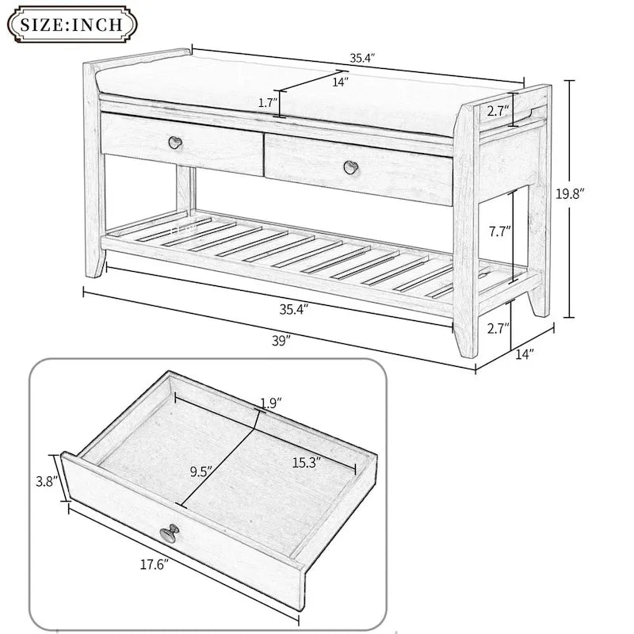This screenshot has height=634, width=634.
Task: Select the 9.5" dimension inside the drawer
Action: tap(202, 472)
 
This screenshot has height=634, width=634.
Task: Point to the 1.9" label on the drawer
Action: tap(269, 403)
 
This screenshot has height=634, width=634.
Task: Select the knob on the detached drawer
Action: tap(170, 534)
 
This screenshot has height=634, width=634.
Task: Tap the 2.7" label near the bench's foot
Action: tap(497, 327)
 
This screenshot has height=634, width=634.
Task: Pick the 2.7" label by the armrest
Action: tap(497, 109)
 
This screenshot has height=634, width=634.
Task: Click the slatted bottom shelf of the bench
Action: tap(301, 250)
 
